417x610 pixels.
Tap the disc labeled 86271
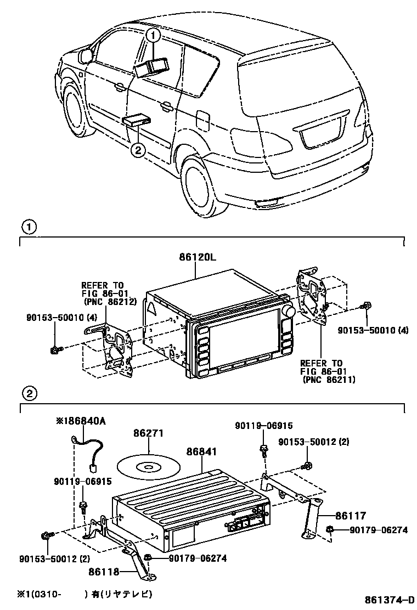(148, 466)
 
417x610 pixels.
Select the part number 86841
(201, 451)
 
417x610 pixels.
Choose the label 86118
(104, 571)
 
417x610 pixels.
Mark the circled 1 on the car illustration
(154, 36)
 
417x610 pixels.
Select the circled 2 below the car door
(138, 149)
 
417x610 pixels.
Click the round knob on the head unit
(289, 312)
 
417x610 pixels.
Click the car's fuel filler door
(202, 119)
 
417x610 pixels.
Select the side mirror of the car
(86, 55)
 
